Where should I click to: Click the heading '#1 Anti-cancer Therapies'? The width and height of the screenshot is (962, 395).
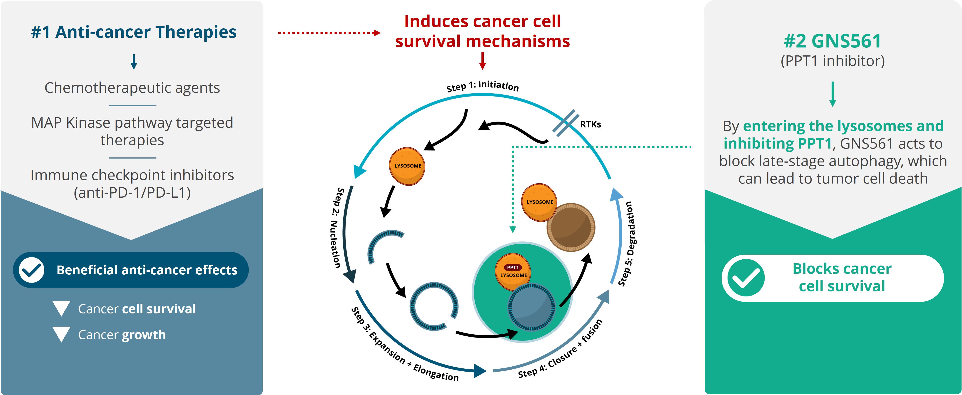click(x=134, y=32)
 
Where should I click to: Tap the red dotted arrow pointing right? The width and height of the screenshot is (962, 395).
click(x=329, y=33)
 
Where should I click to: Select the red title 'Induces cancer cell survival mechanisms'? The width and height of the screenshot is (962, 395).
click(x=483, y=31)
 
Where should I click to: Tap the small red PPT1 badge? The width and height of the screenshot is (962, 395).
click(x=513, y=267)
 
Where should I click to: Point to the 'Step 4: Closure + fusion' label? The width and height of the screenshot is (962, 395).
click(x=560, y=349)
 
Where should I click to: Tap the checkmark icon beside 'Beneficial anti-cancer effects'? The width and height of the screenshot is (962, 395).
click(x=32, y=270)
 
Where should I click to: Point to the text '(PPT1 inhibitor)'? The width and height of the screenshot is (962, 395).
click(x=832, y=61)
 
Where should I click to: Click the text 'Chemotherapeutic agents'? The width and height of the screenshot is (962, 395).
click(x=132, y=88)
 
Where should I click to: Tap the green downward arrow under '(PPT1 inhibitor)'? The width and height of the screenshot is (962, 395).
click(x=832, y=94)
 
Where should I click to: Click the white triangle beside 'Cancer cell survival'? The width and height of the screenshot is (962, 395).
click(x=62, y=308)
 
